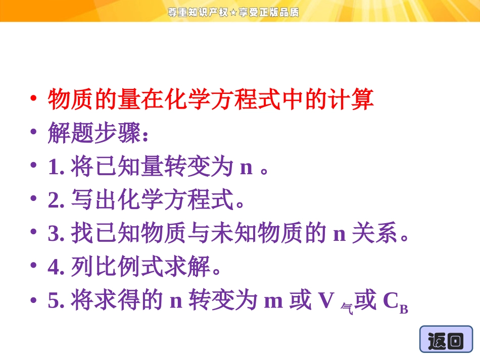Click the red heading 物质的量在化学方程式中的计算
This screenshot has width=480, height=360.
click(211, 99)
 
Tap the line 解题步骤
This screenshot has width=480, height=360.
click(98, 133)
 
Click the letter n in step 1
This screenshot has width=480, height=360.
click(246, 168)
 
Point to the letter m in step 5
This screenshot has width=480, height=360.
click(273, 302)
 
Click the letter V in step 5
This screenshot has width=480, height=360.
click(326, 301)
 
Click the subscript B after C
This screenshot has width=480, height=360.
click(403, 309)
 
